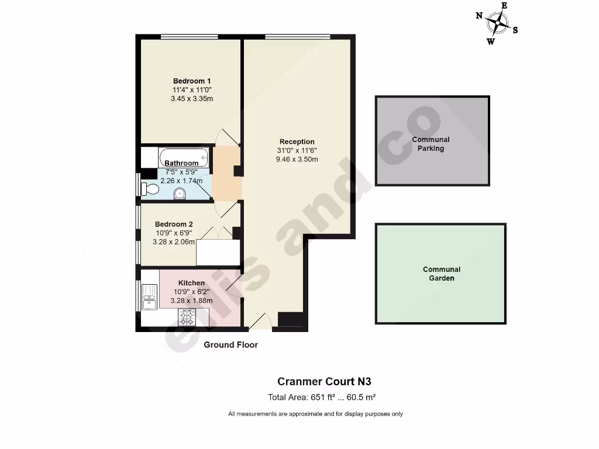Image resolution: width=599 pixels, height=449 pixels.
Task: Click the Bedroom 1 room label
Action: coord(192,81)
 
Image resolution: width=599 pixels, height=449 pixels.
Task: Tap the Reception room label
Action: coord(297,141)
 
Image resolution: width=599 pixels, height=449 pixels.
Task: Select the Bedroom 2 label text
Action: coord(174,224)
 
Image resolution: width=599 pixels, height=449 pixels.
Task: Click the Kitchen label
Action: coord(191,283)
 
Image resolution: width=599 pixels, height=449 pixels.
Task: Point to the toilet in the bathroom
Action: coord(151,189)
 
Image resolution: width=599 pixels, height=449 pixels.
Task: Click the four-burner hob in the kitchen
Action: coord(187,317)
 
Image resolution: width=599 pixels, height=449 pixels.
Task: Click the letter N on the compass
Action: coord(478,16)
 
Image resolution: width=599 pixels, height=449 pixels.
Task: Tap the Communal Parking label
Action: coord(431,144)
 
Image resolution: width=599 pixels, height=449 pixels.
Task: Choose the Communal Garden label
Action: coord(442,274)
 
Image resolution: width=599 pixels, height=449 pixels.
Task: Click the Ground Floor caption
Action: coord(230,345)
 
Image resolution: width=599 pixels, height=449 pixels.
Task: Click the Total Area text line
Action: coord(321,398)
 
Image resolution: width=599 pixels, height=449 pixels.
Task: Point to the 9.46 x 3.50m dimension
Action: coord(297,159)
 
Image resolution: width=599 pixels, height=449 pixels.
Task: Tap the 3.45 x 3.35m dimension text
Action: coord(192,98)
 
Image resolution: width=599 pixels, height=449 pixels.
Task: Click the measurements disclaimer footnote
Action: coord(315,414)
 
